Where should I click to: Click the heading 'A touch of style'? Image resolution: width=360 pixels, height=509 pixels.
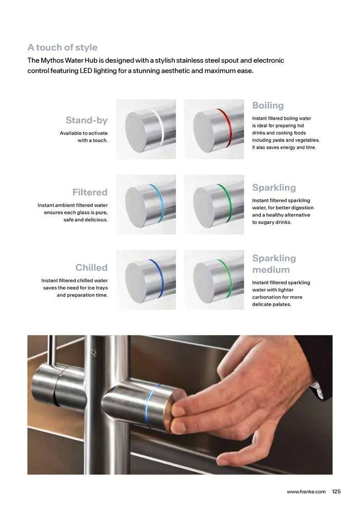(62, 47)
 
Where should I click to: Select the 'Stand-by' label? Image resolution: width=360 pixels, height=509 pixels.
(86, 120)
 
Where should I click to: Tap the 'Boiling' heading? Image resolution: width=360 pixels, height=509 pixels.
(268, 105)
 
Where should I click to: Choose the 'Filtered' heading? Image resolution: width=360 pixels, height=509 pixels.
(89, 192)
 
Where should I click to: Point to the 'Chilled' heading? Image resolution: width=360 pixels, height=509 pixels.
(91, 267)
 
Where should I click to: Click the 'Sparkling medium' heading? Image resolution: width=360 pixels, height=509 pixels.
(274, 264)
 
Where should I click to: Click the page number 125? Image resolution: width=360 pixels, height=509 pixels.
(336, 492)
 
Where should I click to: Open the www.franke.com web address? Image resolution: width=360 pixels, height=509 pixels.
(306, 492)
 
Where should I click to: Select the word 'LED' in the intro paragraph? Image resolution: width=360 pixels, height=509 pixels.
(86, 71)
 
